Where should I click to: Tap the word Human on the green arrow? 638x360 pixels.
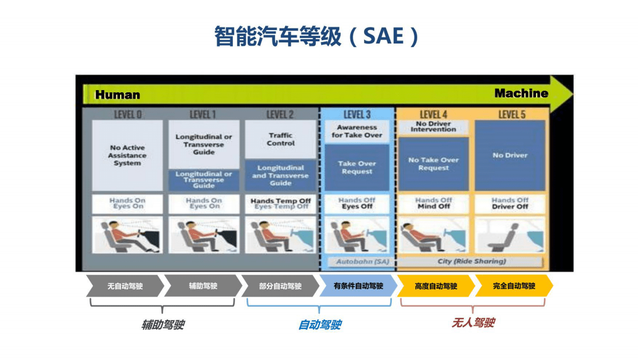click(x=117, y=95)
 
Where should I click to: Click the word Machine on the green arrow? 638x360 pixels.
click(x=521, y=93)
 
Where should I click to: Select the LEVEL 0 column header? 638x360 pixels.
click(x=128, y=114)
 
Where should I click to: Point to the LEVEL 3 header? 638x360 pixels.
click(x=357, y=114)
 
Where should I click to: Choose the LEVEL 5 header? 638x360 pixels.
click(x=511, y=114)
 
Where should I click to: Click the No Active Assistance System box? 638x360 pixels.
click(x=127, y=155)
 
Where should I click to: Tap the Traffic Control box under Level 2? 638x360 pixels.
click(x=280, y=139)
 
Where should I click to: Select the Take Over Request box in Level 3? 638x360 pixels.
click(x=357, y=167)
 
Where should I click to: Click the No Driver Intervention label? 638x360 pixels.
click(x=433, y=127)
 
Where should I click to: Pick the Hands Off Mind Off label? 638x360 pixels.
click(x=433, y=203)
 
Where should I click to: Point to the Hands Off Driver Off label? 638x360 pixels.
click(x=510, y=203)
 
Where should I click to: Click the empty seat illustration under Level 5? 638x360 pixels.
click(x=510, y=234)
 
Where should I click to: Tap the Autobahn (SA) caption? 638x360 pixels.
click(x=357, y=262)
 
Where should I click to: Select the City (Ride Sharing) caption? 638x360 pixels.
click(x=471, y=262)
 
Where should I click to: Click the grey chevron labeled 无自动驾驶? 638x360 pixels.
click(x=125, y=286)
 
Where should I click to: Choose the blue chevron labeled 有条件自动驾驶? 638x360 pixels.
click(x=358, y=286)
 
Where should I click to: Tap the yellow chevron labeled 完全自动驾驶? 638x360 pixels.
click(x=514, y=286)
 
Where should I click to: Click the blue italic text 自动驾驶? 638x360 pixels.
click(x=320, y=325)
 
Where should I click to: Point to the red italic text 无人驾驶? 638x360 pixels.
click(x=473, y=322)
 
